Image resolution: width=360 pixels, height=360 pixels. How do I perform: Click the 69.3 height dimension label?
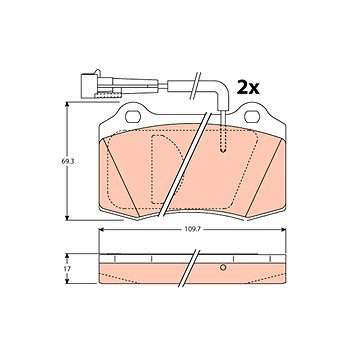coord(67,162)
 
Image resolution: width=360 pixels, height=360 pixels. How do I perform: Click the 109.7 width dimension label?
coord(193,229)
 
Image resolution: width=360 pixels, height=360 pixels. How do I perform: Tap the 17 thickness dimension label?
coord(67,268)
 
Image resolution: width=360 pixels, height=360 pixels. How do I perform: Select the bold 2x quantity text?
coord(248,87)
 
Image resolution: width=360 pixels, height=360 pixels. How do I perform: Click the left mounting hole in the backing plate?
coord(133,116)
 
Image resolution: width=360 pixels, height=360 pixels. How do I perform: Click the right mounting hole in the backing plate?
coord(252,116)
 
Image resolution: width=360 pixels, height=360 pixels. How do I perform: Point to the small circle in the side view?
coord(223,267)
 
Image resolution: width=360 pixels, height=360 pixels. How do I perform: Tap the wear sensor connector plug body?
coord(90,86)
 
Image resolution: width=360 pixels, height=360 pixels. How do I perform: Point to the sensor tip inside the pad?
coord(223,147)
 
